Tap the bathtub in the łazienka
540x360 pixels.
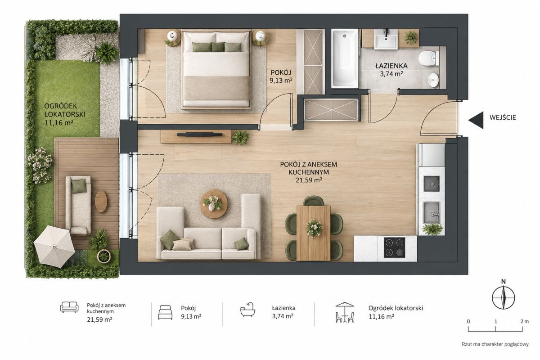[345, 58]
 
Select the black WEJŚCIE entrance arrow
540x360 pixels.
[476, 120]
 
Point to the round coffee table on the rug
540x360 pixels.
[214, 204]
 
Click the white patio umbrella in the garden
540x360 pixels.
[54, 247]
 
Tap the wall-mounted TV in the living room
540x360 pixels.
[200, 134]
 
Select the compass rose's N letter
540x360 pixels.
[504, 281]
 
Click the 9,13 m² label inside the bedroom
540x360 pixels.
[281, 80]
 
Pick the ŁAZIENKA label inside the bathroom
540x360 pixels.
[391, 66]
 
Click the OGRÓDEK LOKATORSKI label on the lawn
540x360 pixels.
[65, 110]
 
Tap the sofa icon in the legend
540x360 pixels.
[69, 307]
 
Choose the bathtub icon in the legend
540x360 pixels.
[248, 309]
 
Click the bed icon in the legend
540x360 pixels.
[166, 312]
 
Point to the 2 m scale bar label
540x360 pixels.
[525, 321]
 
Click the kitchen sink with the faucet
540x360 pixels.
[432, 213]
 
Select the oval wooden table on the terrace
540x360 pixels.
[101, 201]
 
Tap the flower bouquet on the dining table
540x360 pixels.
[314, 228]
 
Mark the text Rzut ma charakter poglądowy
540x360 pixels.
[495, 344]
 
